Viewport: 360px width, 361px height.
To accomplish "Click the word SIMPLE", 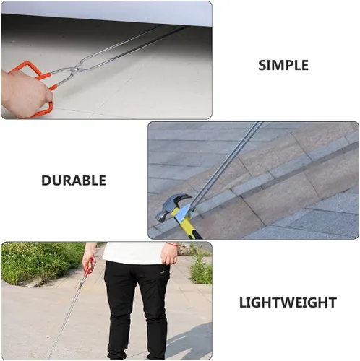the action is tap(283, 65).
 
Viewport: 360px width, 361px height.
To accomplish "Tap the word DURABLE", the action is tap(74, 180).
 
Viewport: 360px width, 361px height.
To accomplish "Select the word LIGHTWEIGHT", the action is tap(288, 303).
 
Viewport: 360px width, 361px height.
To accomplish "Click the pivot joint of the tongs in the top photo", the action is tap(77, 69).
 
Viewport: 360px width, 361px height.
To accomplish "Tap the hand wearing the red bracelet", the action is tap(169, 254).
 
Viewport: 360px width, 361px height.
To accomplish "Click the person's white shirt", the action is tap(134, 253).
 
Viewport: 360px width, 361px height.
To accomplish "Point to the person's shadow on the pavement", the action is tap(189, 342).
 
